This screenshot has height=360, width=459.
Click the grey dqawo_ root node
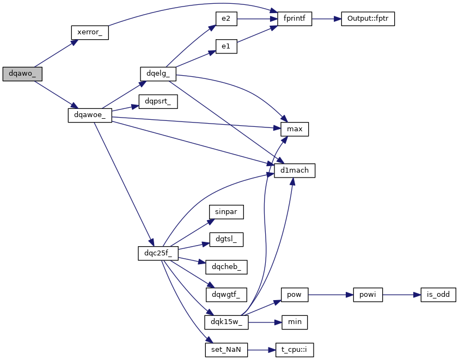[22, 74]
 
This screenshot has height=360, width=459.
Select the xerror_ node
[90, 32]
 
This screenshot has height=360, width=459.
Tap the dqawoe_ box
[90, 115]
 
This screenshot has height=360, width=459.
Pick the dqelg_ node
[158, 74]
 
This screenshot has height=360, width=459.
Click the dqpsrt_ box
[158, 101]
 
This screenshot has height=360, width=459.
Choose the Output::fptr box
[368, 19]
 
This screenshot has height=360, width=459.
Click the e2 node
[226, 19]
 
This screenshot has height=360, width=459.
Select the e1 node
[226, 46]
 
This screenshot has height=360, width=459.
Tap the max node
[295, 129]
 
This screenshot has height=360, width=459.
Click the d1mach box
[295, 170]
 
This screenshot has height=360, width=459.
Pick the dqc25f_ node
[158, 253]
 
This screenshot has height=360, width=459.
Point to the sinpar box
[226, 212]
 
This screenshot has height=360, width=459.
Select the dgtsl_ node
[226, 239]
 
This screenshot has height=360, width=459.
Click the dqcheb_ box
[226, 267]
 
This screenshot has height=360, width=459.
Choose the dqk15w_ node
[226, 322]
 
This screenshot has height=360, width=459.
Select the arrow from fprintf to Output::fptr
[326, 19]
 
